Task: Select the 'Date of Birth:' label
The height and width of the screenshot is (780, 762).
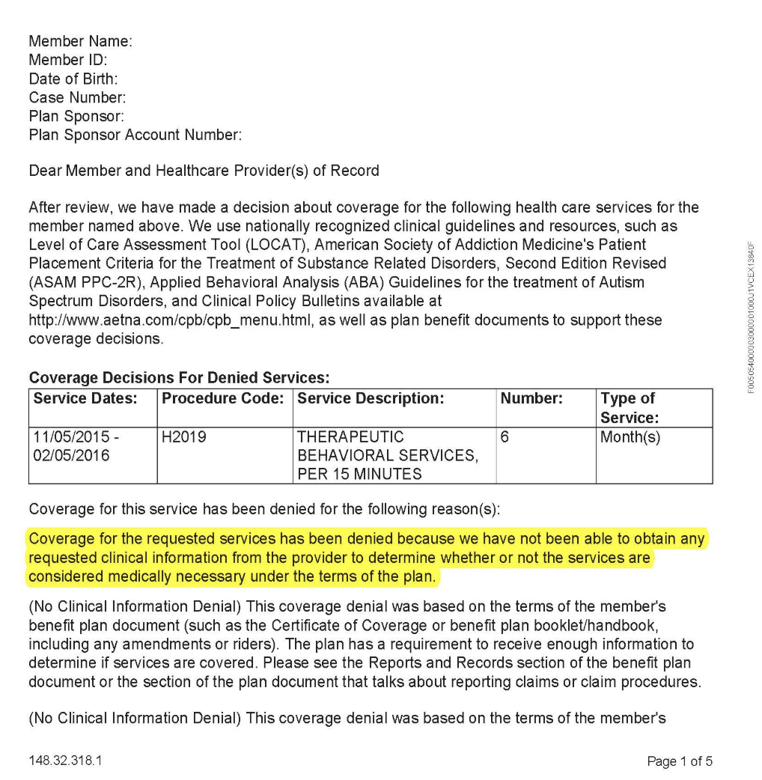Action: (x=73, y=79)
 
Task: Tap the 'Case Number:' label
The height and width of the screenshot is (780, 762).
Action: (x=77, y=97)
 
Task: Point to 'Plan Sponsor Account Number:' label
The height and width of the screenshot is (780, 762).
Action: (x=135, y=135)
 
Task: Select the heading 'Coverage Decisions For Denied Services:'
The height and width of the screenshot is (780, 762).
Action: (x=180, y=378)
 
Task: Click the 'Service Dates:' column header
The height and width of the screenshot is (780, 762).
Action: (x=85, y=399)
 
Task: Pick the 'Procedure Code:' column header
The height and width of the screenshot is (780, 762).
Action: (x=224, y=399)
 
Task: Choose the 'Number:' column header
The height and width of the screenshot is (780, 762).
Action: (x=531, y=399)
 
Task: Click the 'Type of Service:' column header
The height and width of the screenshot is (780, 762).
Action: (x=629, y=408)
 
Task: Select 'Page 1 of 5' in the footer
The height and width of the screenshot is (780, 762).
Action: (x=680, y=761)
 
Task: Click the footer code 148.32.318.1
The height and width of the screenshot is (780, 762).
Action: (x=65, y=761)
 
